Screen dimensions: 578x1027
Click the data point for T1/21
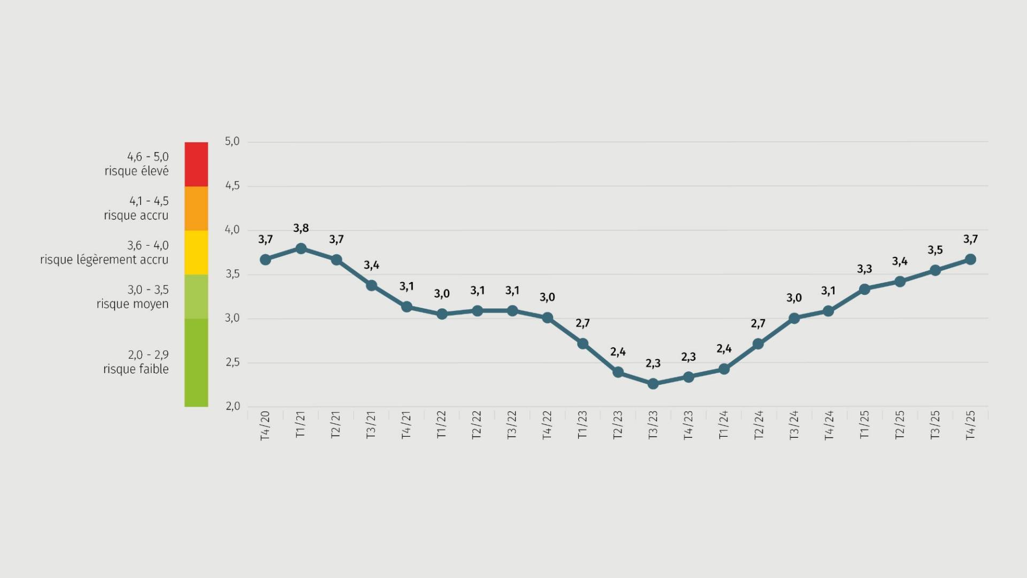[x=301, y=248]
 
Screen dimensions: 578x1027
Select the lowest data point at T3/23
[x=653, y=384]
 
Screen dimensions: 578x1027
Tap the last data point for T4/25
[x=970, y=260]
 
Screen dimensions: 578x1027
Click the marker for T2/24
[x=758, y=344]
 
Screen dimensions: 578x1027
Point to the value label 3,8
[x=301, y=229]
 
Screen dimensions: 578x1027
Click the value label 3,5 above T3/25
[x=935, y=250]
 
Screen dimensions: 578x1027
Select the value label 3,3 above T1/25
[x=864, y=269]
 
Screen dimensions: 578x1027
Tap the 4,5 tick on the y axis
[x=232, y=186]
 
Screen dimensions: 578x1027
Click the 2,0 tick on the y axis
[x=232, y=406]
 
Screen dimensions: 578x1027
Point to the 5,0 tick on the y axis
[x=232, y=141]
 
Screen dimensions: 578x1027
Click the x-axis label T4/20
[x=265, y=426]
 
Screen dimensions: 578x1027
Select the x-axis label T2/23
[x=618, y=426]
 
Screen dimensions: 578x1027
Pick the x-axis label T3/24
[x=794, y=426]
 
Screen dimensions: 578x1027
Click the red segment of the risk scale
[x=196, y=164]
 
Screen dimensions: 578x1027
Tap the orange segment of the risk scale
[x=196, y=208]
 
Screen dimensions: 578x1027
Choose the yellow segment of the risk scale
[x=196, y=253]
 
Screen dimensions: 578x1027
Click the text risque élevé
[x=136, y=171]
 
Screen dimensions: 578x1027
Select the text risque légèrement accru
[x=104, y=260]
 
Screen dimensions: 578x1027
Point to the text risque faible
[x=136, y=369]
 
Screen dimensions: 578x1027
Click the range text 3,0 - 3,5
[x=148, y=290]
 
